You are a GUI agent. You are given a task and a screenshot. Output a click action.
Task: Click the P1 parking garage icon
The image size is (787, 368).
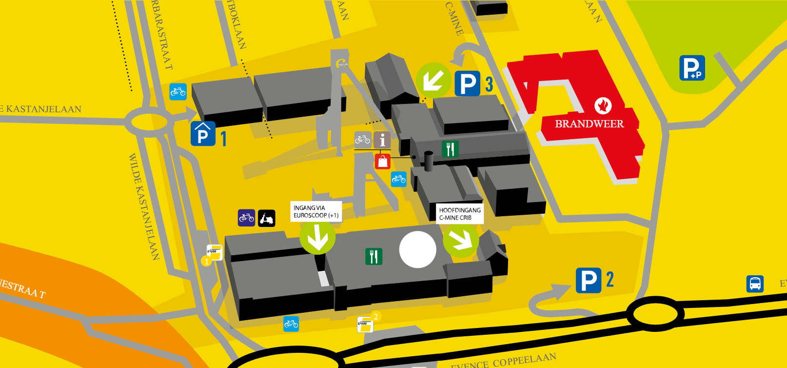point(203,134)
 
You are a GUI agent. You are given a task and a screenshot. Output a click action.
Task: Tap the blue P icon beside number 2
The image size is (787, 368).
point(589,281)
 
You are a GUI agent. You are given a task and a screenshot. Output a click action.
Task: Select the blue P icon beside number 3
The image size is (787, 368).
point(468,83)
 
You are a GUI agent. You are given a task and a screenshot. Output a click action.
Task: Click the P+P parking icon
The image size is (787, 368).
point(692,68)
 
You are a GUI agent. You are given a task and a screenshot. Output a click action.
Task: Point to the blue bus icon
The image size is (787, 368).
point(755,284)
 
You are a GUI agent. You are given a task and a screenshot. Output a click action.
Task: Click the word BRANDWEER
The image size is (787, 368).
point(589,124)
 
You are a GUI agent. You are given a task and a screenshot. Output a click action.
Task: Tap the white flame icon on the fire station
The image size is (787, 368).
point(603,105)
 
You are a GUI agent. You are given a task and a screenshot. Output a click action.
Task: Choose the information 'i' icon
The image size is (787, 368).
point(382,140)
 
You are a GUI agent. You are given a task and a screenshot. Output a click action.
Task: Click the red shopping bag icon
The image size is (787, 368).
point(383,161)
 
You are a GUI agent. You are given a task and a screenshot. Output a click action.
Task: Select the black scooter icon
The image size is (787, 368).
point(267,218)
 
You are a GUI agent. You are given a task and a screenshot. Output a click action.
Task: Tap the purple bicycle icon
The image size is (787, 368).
point(246,218)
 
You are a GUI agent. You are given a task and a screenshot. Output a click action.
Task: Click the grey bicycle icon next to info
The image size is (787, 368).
point(362,140)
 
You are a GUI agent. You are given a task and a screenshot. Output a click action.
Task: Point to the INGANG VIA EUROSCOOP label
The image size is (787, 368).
point(316,211)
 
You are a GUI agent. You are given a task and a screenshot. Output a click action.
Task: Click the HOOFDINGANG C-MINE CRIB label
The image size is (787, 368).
point(459,214)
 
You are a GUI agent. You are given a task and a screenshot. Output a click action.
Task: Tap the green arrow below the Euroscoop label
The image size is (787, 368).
point(317,237)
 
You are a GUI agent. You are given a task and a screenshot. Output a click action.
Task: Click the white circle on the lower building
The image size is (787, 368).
point(417,249)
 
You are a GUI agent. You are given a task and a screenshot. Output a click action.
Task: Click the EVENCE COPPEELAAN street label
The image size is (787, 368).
point(503,362)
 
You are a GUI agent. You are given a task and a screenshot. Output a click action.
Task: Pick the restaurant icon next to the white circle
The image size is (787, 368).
point(374,256)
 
